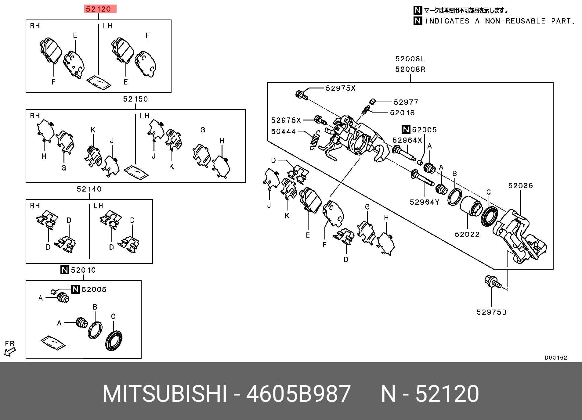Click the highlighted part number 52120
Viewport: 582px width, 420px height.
[x=98, y=9]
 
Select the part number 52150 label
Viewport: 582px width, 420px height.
[x=136, y=99]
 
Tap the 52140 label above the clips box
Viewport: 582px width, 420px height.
[x=89, y=189]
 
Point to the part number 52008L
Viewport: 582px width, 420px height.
[x=410, y=59]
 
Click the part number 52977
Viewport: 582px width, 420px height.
[x=406, y=102]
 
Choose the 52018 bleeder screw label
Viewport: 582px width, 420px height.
[x=402, y=113]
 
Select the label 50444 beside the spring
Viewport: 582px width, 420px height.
[x=284, y=131]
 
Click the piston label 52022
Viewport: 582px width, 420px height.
[x=467, y=235]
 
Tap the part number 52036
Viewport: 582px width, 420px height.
[x=520, y=186]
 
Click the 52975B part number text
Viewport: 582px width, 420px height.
[x=491, y=312]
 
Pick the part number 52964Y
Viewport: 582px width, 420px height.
[x=424, y=202]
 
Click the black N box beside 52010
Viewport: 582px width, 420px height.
[x=65, y=270]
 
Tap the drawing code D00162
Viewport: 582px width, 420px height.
[x=556, y=357]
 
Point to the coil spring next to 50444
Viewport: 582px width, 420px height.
[x=315, y=140]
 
